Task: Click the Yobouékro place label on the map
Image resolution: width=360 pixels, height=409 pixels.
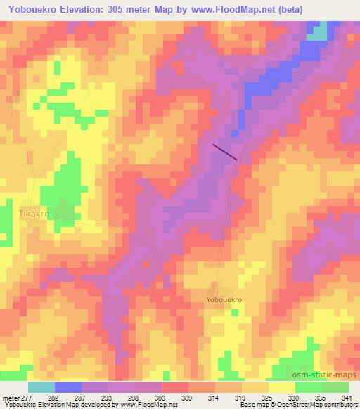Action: [x=224, y=299]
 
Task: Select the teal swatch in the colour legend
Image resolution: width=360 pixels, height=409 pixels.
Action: [x=41, y=387]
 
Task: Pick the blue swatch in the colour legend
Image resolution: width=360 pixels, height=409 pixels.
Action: [x=68, y=387]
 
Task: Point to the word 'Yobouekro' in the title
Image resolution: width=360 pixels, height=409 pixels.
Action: [x=39, y=10]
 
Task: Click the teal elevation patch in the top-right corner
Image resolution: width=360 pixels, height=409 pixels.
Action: [x=320, y=32]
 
